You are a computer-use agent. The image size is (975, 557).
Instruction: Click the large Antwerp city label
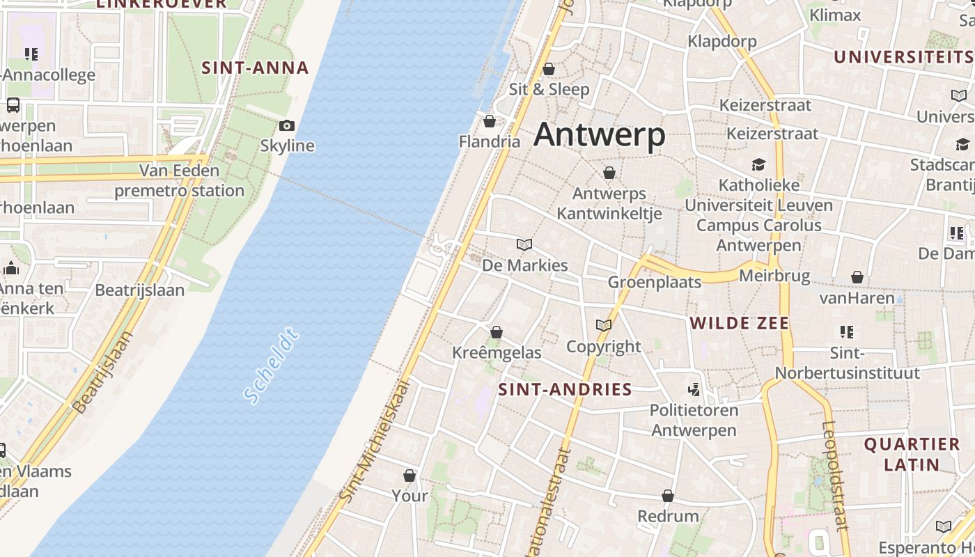(600, 134)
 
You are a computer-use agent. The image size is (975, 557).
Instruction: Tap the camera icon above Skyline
(286, 125)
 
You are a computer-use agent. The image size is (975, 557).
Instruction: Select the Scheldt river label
(271, 368)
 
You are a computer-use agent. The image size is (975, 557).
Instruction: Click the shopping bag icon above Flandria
(490, 122)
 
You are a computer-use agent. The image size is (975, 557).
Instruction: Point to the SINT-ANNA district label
(255, 68)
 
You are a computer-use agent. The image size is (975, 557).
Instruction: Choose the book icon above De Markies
(524, 244)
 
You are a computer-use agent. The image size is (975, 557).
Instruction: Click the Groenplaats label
(655, 282)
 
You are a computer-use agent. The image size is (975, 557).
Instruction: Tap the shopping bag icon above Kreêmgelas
(497, 332)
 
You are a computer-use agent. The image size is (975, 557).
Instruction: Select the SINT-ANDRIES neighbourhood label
(565, 389)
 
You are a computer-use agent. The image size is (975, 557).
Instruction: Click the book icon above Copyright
(604, 325)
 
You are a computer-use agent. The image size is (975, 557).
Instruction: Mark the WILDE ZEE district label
(739, 323)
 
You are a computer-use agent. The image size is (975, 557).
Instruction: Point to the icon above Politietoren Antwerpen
(694, 389)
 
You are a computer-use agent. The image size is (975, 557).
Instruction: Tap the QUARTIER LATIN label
(912, 454)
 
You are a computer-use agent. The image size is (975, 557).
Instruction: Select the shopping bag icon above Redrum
(668, 496)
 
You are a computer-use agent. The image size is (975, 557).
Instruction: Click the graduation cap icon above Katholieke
(758, 164)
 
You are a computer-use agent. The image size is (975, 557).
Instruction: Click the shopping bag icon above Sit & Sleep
(549, 69)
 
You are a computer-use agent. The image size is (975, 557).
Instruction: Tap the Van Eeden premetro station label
(179, 180)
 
